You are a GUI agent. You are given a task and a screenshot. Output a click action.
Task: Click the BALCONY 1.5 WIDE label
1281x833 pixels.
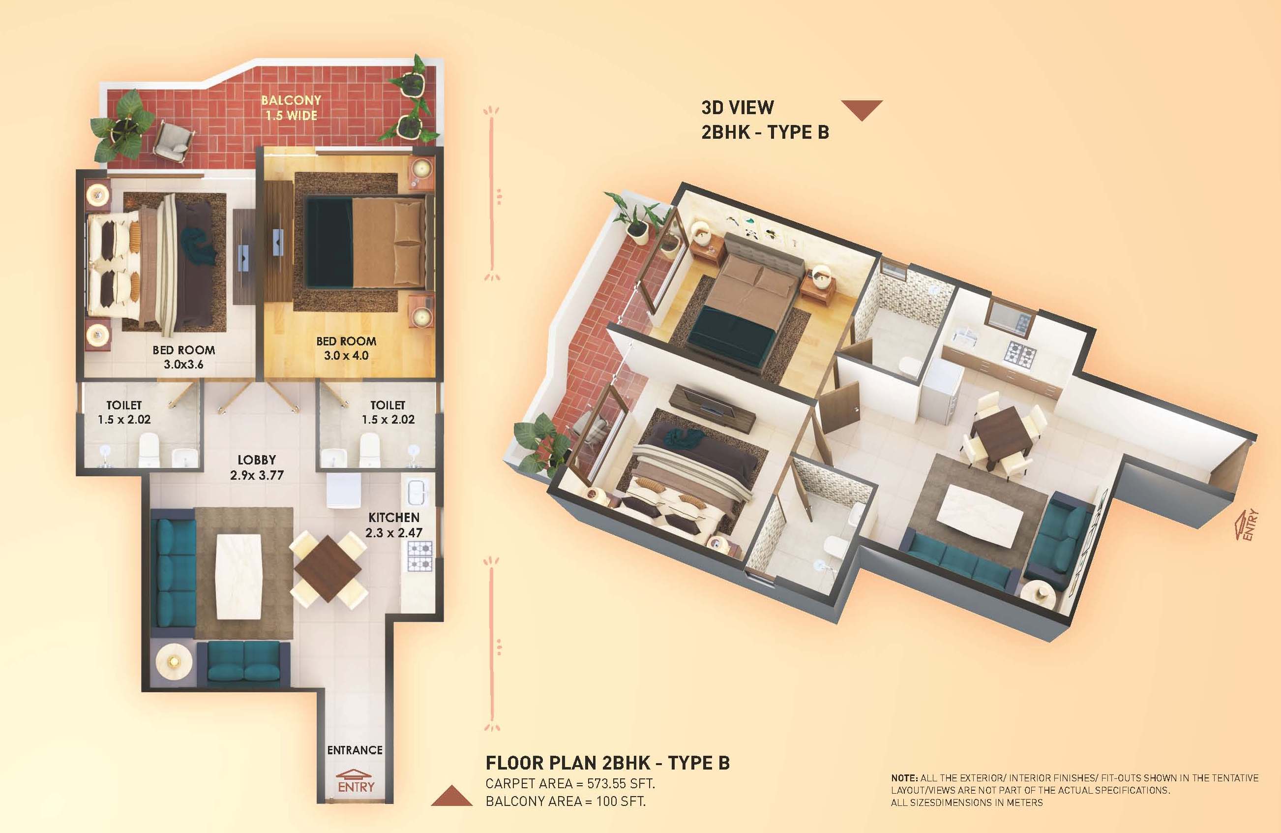pos(291,108)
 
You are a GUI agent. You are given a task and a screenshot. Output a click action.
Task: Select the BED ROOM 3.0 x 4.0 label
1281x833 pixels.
pos(346,348)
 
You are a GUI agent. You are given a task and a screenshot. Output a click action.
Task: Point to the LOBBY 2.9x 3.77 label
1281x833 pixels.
pos(257,467)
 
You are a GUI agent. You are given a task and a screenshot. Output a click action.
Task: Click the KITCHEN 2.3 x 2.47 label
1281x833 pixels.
pos(394,525)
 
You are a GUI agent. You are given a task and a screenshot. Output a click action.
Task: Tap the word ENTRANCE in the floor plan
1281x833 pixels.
pos(355,750)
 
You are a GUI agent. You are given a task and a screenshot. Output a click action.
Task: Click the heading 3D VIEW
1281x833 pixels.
pos(738,108)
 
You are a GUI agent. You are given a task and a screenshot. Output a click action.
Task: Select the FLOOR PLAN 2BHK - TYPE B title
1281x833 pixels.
pos(608,763)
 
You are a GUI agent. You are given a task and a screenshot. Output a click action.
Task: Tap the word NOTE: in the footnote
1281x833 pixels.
pos(904,778)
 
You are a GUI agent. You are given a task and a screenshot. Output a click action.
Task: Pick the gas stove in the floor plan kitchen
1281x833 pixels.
pos(420,556)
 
